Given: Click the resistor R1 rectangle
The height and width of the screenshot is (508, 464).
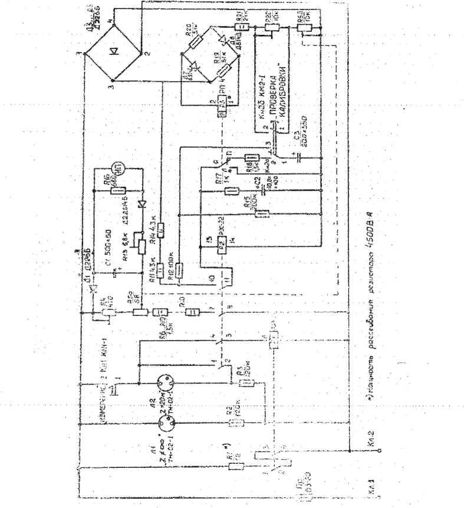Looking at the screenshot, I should click(x=236, y=466).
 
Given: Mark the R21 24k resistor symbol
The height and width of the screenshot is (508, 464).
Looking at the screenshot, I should click(x=238, y=27).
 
